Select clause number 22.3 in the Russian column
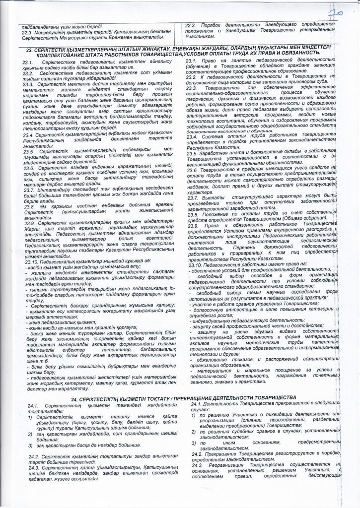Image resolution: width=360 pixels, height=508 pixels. point(191,24)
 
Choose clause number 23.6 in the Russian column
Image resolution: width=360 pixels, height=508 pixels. point(193,169)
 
